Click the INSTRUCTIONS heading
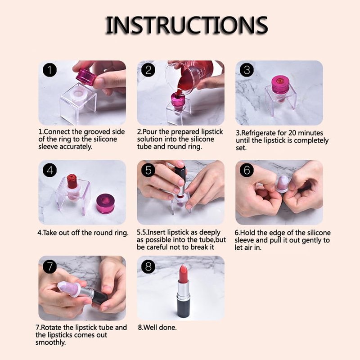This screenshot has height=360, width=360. [186, 25]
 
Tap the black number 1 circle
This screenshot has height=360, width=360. [50, 70]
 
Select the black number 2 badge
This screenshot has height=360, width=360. [148, 70]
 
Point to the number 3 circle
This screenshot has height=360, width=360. [247, 70]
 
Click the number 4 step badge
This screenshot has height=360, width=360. [50, 170]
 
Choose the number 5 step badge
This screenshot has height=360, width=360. [148, 170]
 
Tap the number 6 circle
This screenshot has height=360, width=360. [247, 170]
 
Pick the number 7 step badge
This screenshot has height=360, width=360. [50, 266]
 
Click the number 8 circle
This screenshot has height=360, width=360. [148, 266]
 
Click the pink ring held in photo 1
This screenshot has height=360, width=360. [86, 76]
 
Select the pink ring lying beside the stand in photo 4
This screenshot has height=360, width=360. [105, 203]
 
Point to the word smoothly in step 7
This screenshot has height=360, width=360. [50, 342]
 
